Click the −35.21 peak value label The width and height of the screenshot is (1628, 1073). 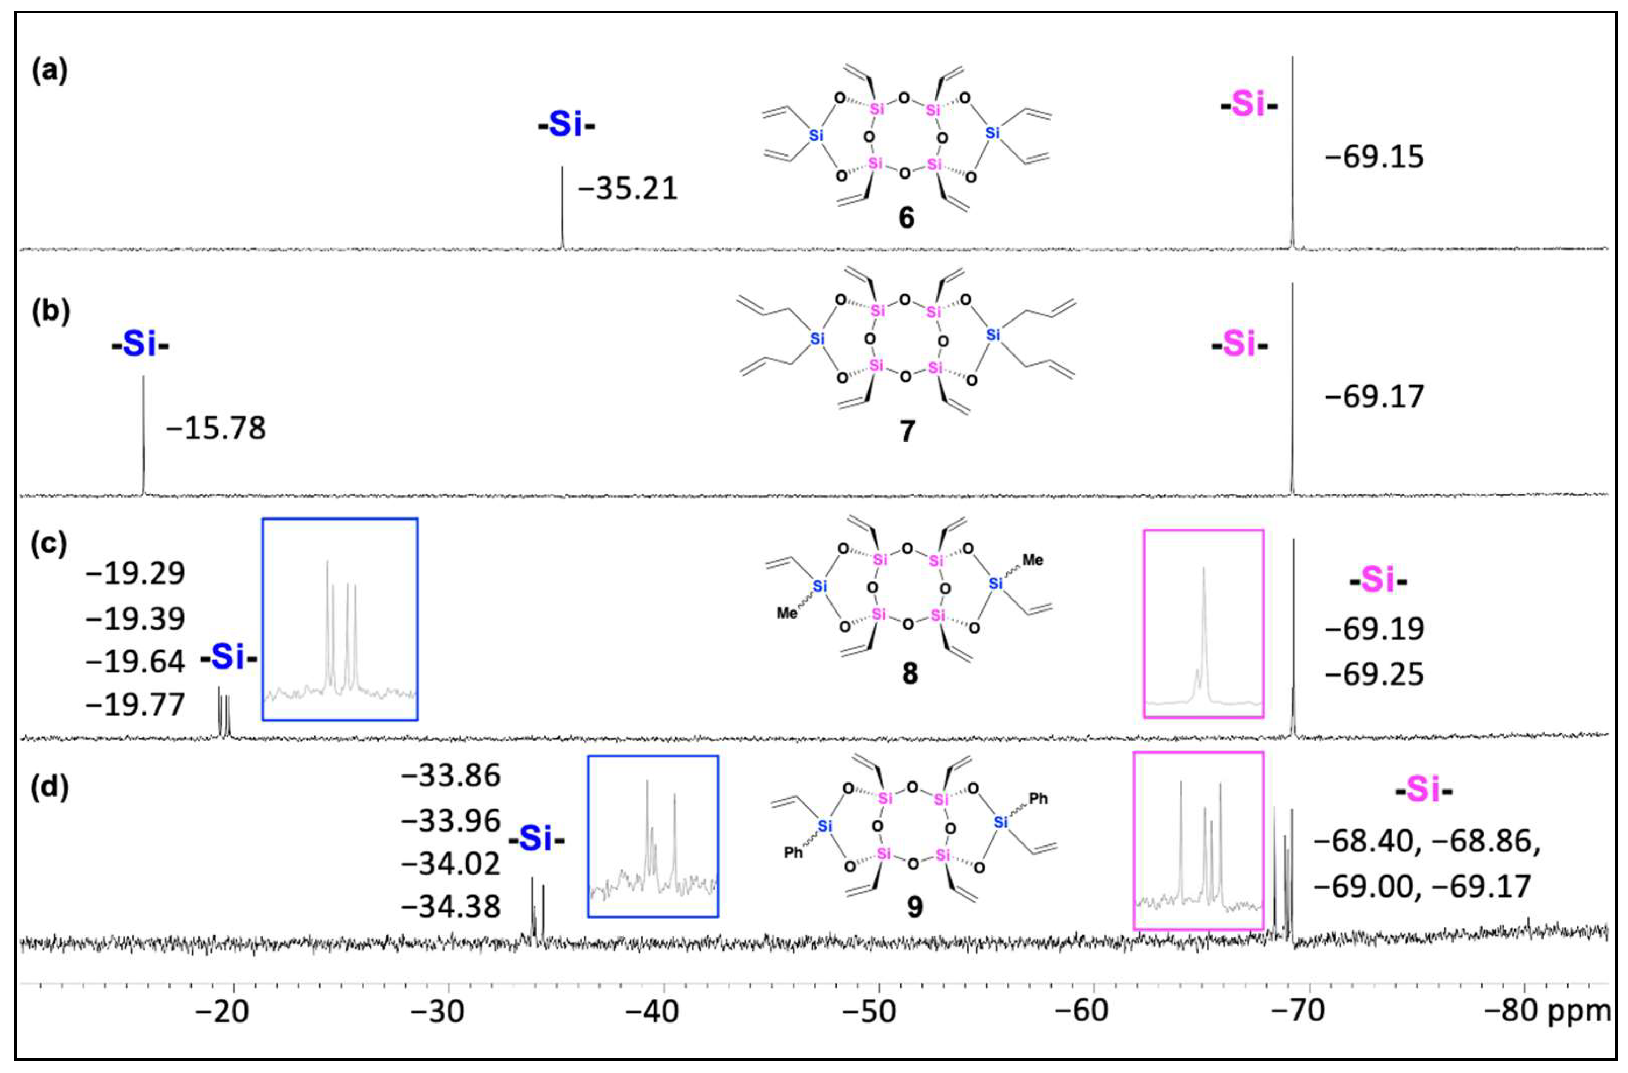(628, 189)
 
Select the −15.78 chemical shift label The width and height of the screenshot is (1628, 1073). (216, 428)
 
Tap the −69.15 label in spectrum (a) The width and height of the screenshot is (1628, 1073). (1374, 158)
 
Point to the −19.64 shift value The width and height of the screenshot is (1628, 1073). (135, 662)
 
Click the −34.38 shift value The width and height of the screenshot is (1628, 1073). (451, 907)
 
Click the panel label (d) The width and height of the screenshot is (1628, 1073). (50, 787)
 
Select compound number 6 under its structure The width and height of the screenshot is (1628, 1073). (906, 218)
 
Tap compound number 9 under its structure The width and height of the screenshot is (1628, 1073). (914, 907)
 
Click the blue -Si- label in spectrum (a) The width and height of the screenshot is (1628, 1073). (566, 125)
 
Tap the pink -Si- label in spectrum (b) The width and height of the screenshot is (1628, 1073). (1239, 344)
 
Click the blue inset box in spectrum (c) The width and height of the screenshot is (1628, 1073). (340, 619)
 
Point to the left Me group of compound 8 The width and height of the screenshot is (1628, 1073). (787, 613)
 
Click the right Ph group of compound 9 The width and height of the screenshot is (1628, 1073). (1038, 799)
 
